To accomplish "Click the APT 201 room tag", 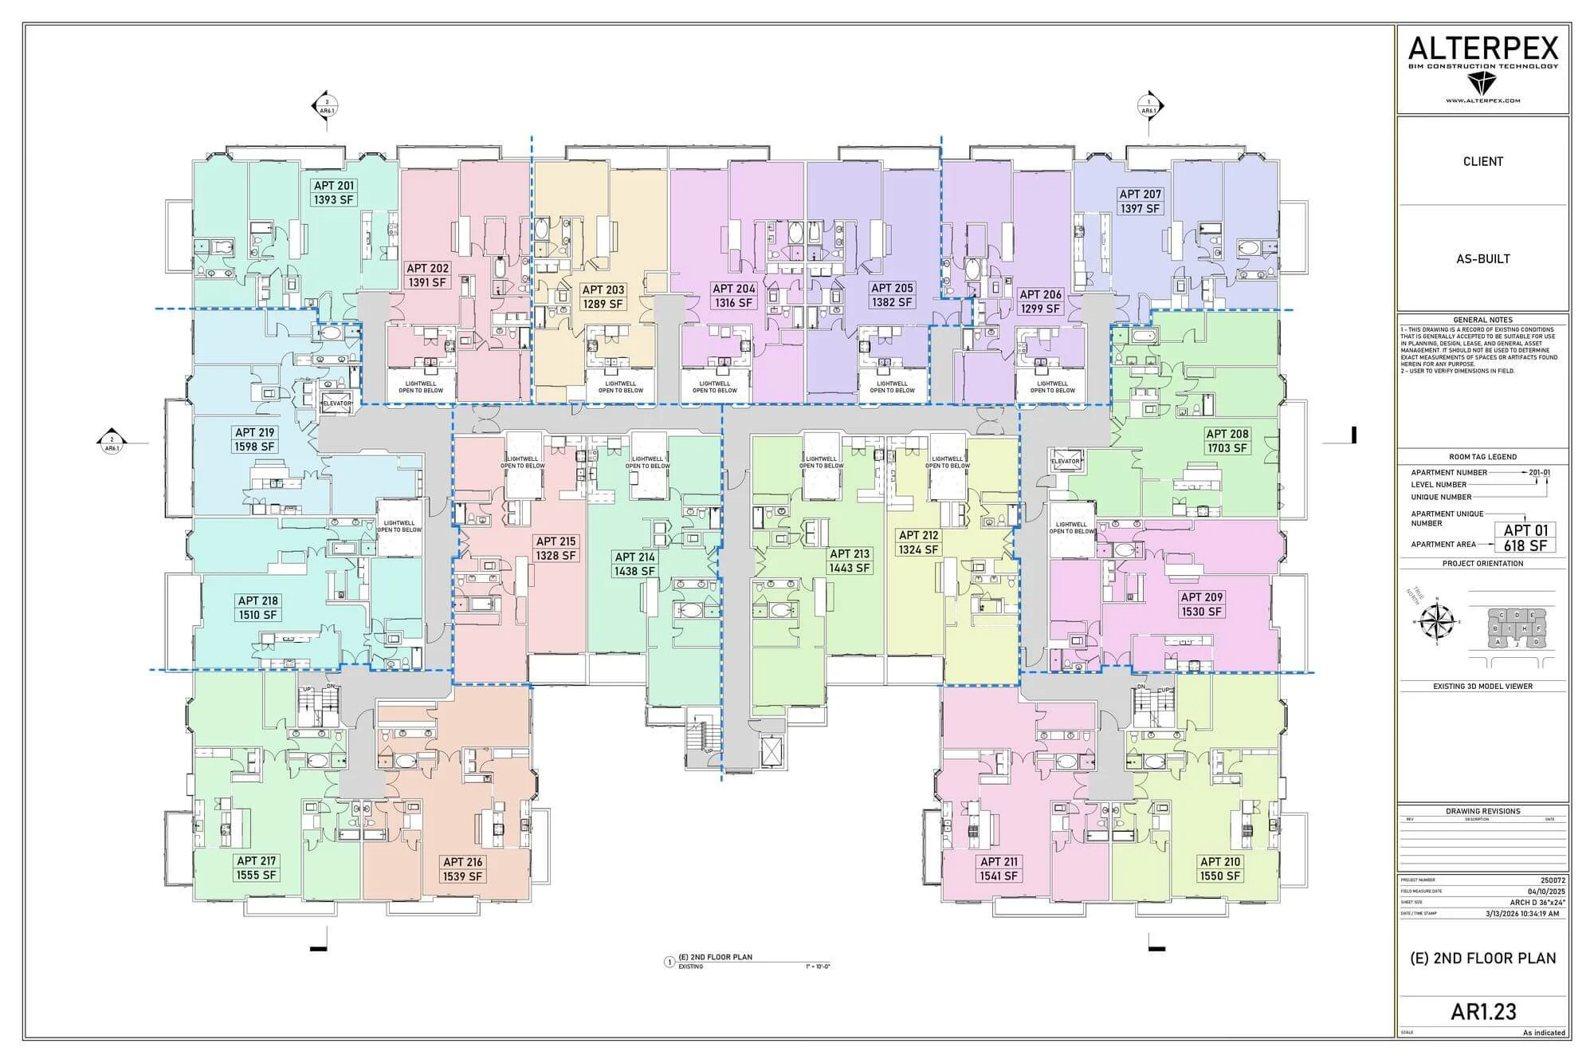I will (334, 186).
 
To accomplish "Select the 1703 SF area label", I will (1227, 448).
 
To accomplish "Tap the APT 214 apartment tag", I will (634, 557).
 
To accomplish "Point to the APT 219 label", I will (254, 432).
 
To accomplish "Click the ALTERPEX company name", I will (1482, 49).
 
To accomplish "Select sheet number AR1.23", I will (1483, 1011).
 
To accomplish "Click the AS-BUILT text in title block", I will (1482, 258).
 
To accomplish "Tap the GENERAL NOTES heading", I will (1482, 320).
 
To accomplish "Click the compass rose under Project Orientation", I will (1437, 621).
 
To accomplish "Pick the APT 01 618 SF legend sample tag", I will (1525, 537).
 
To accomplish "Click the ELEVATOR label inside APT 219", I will (336, 404).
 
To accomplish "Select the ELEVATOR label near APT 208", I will (1066, 462).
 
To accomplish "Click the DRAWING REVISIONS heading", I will (1482, 811).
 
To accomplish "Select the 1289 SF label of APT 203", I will (603, 304).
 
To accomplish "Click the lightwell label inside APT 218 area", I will (399, 527).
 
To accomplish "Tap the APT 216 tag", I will (462, 861).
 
